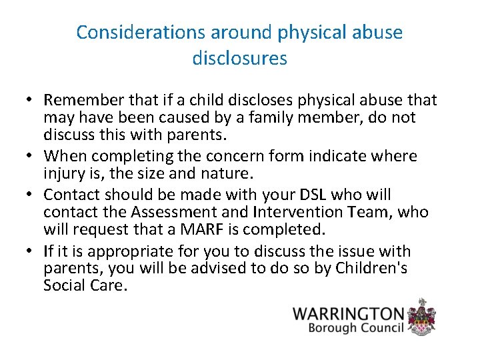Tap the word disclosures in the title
point(240,59)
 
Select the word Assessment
point(170,213)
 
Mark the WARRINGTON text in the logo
point(349,313)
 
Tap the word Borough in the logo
point(331,328)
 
